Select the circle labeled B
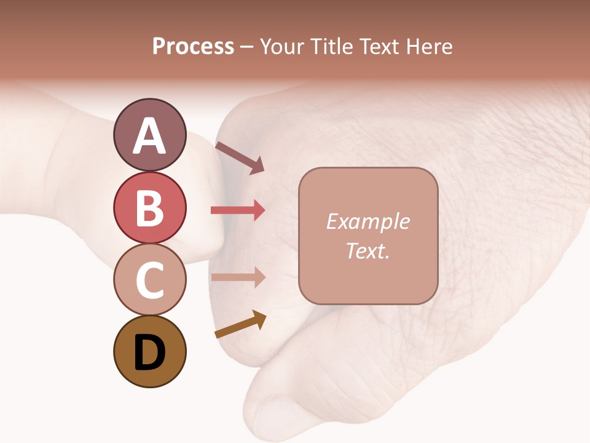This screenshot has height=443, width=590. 149,207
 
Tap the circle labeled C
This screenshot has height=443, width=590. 149,279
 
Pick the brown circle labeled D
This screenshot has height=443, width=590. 149,351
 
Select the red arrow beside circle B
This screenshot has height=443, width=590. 238,210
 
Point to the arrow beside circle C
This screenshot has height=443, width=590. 238,277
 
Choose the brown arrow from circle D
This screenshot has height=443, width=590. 240,324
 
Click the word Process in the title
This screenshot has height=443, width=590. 193,47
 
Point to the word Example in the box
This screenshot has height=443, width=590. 368,221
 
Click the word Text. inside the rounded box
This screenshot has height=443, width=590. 368,251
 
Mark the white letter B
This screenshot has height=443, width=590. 149,208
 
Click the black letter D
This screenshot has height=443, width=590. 149,353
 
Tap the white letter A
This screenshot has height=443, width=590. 149,136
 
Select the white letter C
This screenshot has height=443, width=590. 149,280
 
